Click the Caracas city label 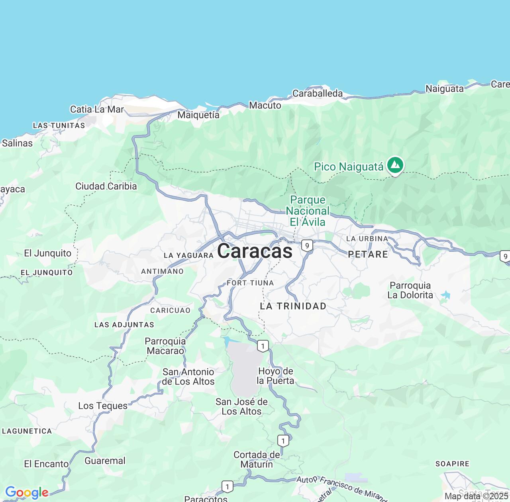(255, 251)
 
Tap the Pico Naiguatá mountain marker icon (395, 165)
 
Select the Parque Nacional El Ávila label (308, 211)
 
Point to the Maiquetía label (198, 115)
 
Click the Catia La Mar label (97, 109)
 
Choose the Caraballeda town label (318, 93)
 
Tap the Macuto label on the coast (265, 105)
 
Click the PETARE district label (368, 254)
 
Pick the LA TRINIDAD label (293, 306)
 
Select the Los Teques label (103, 406)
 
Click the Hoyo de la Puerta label (275, 376)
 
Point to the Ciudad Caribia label (106, 186)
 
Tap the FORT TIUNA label (250, 283)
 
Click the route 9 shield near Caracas (306, 245)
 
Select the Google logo (27, 493)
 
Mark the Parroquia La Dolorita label (410, 290)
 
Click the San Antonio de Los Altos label (188, 376)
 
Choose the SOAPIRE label (452, 464)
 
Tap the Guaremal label (105, 461)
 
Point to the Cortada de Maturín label (257, 459)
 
